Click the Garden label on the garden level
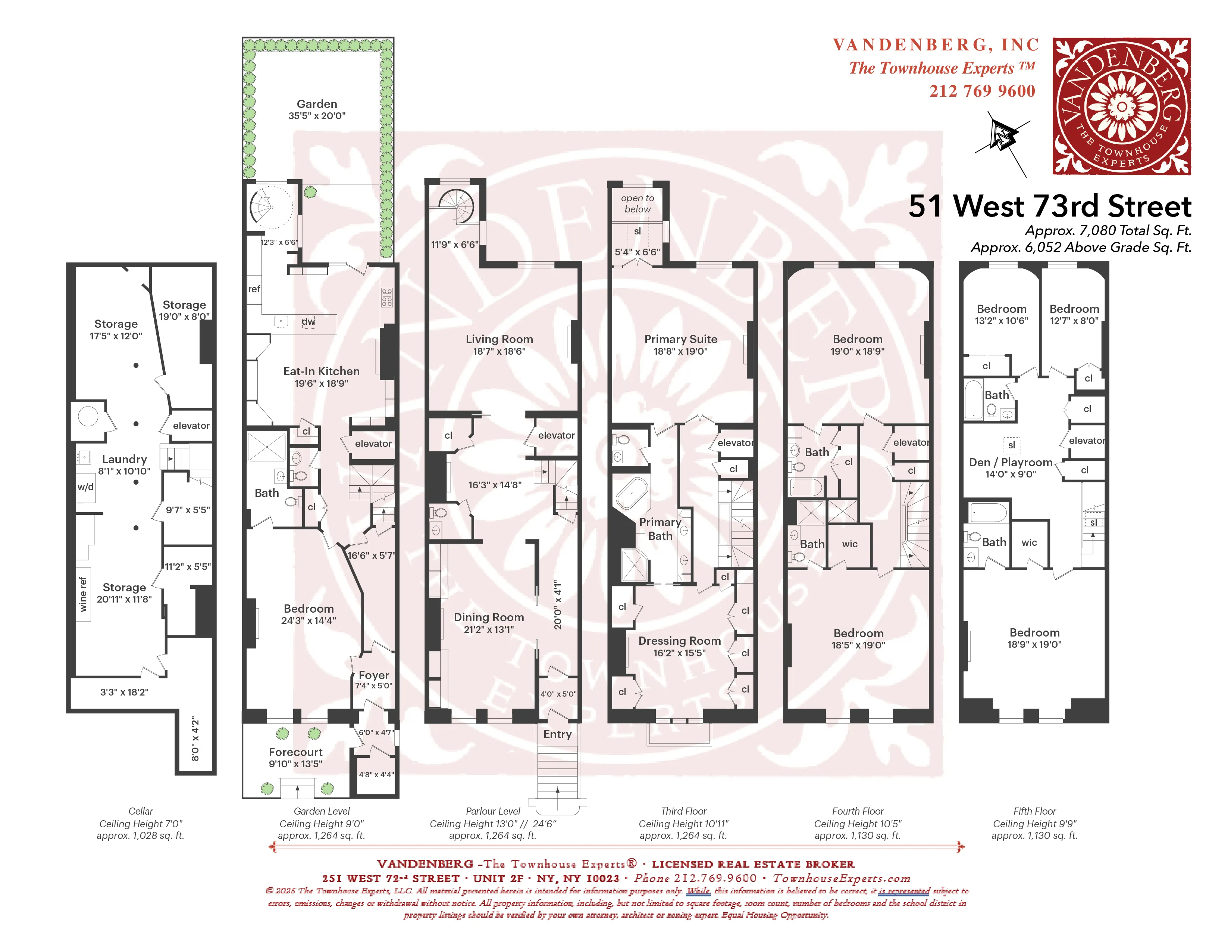317,104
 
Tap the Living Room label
499,339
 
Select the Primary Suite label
680,339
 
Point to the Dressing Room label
679,641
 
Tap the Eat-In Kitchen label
321,371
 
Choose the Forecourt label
295,752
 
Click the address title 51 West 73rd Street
1049,206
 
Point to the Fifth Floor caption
1034,811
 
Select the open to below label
638,203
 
